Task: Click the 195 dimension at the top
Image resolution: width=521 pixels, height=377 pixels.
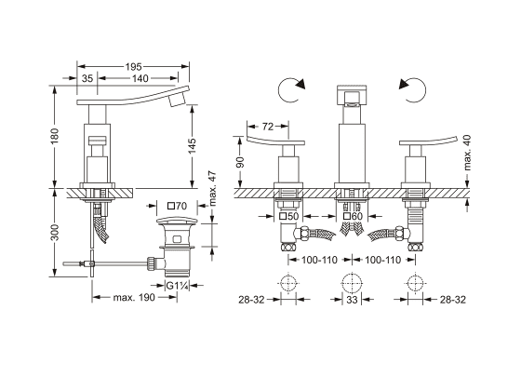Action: [133, 67]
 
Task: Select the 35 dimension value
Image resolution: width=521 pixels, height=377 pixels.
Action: [87, 78]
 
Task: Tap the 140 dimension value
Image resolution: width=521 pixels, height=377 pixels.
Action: [140, 78]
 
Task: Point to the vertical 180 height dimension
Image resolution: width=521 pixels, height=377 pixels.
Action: [54, 136]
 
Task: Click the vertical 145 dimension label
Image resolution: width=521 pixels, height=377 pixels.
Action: [192, 145]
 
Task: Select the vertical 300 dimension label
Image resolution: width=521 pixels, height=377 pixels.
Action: [54, 233]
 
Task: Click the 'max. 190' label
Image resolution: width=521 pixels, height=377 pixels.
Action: [134, 297]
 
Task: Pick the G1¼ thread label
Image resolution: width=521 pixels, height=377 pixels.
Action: [178, 285]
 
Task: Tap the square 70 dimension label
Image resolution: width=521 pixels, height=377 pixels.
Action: [177, 206]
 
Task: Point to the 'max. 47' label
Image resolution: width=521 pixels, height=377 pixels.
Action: [213, 188]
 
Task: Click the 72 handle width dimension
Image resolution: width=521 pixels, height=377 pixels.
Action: [268, 127]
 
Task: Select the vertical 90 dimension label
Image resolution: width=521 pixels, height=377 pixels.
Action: [240, 162]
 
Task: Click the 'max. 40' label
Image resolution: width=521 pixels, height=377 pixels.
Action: [467, 153]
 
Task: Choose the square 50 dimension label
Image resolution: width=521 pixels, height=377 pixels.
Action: [288, 216]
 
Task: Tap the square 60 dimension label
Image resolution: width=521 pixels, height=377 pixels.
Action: [353, 216]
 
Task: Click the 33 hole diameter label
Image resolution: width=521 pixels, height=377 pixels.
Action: [352, 300]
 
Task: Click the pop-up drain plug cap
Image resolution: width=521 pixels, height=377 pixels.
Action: [177, 221]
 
